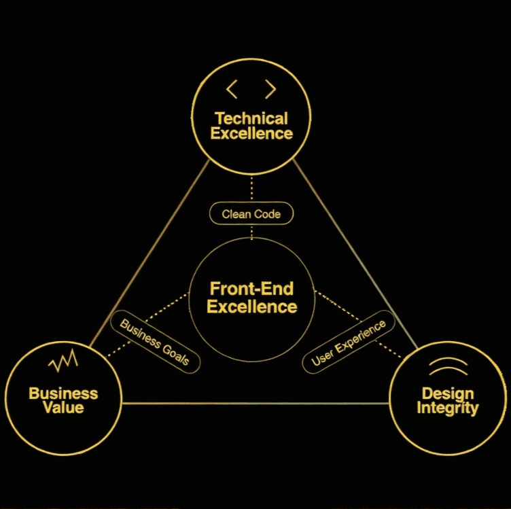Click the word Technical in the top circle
[x=251, y=118]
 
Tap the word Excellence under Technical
[x=251, y=133]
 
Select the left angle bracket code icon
[x=232, y=88]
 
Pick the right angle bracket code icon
[x=270, y=88]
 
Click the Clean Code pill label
[x=251, y=214]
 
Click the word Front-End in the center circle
[x=251, y=289]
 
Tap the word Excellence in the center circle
[x=251, y=306]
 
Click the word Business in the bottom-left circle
[x=63, y=393]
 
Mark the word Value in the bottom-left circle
[x=63, y=408]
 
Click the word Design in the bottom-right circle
[x=447, y=393]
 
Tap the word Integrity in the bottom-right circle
[x=447, y=408]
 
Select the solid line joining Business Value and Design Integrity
[x=255, y=404]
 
